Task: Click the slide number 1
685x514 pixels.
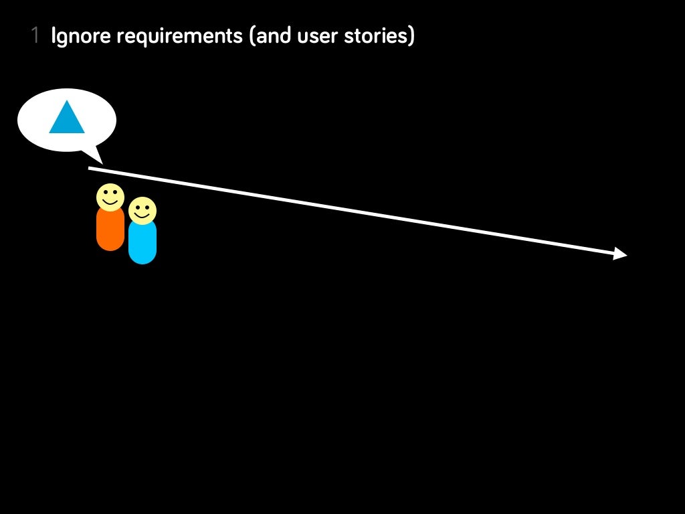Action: coord(35,36)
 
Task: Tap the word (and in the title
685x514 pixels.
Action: coord(270,36)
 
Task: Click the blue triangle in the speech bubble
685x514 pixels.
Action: coord(67,119)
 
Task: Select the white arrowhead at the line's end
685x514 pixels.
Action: coord(620,254)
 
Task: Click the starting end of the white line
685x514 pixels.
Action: coord(90,169)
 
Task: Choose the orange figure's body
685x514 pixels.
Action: coord(110,230)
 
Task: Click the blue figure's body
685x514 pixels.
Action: coord(142,242)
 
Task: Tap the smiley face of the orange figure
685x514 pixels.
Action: coord(110,197)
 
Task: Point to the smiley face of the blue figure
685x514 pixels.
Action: coord(142,210)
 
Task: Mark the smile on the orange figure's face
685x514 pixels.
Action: coord(110,202)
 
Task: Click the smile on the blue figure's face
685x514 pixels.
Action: coord(142,216)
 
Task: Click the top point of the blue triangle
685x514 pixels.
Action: coord(67,102)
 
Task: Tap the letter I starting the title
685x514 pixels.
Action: coord(54,36)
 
